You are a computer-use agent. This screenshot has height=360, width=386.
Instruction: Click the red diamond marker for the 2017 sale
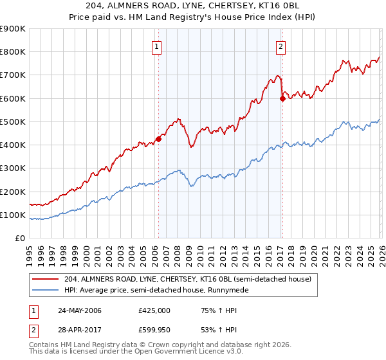[282, 98]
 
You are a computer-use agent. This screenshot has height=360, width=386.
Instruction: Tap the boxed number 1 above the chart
[158, 46]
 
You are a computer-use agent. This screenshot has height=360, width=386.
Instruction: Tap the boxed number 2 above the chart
[282, 46]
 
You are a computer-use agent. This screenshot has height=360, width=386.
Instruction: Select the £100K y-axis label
[13, 215]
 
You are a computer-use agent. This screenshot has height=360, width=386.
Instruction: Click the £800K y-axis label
[13, 52]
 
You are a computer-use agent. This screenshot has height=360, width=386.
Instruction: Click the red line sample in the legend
[46, 279]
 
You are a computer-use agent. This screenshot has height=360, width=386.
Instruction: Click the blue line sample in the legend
[46, 291]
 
